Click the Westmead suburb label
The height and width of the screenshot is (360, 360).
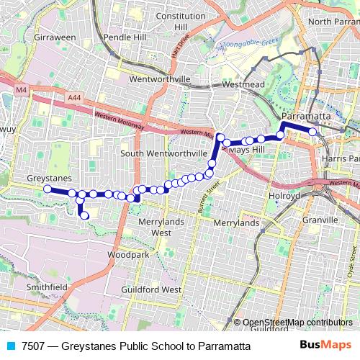(x=239, y=84)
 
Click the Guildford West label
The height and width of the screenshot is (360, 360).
(x=150, y=289)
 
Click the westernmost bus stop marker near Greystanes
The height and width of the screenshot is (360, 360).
(x=48, y=189)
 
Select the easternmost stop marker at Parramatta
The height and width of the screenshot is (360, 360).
(x=313, y=132)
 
